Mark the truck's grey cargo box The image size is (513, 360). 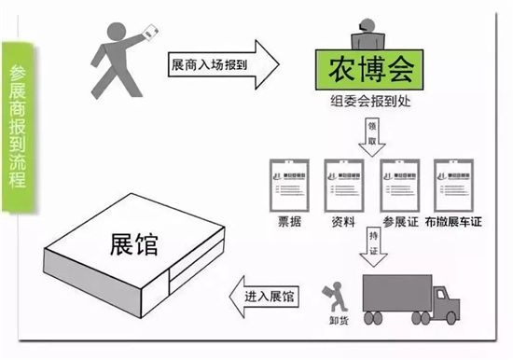(x=393, y=288)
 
